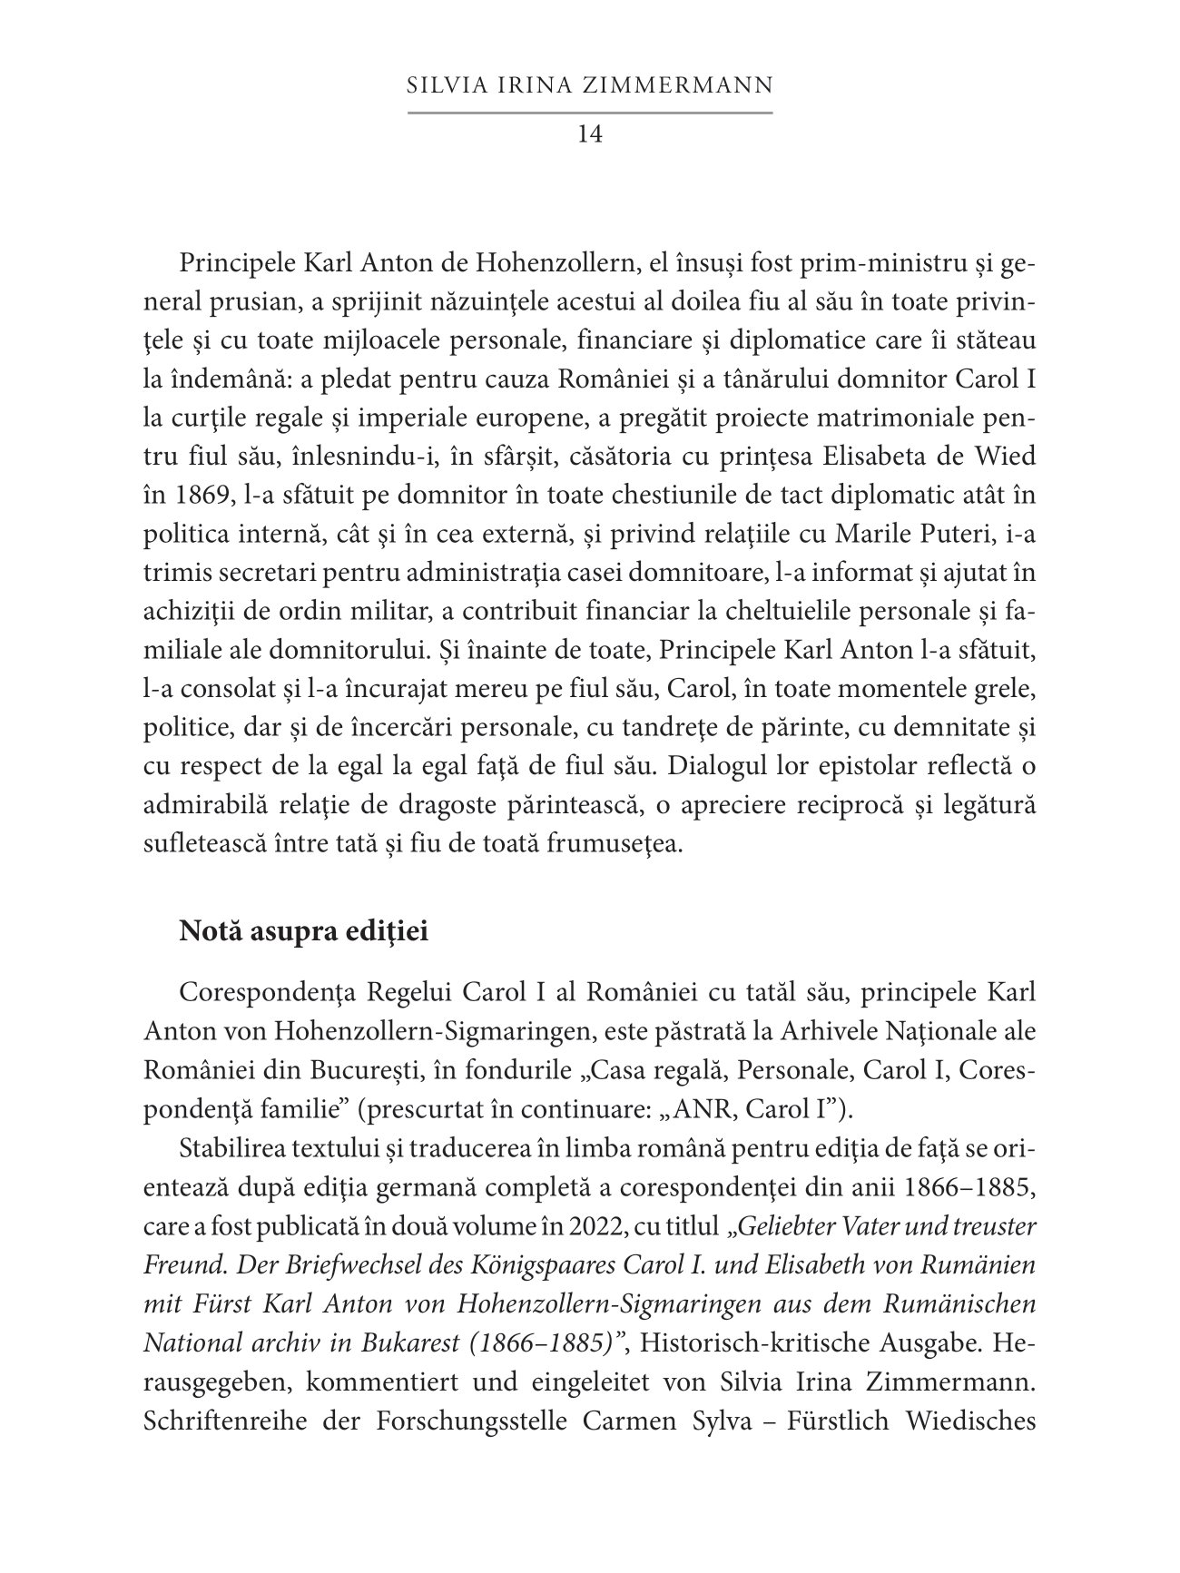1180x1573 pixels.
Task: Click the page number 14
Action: [x=590, y=134]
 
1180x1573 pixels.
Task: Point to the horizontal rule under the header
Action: [x=590, y=113]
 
